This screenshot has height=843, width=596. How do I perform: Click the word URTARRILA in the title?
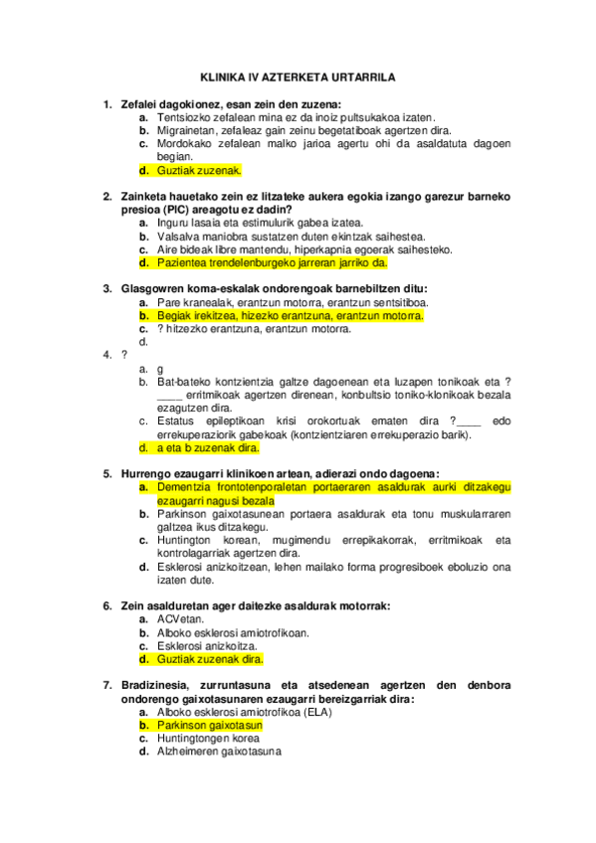[359, 75]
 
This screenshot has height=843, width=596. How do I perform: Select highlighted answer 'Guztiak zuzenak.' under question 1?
[199, 170]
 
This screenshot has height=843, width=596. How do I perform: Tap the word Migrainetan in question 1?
[188, 130]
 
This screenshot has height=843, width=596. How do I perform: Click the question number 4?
[107, 354]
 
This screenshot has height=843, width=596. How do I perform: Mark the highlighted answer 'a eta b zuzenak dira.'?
[209, 447]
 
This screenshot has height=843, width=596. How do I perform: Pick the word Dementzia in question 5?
[186, 487]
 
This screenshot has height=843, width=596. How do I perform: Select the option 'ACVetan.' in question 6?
[180, 618]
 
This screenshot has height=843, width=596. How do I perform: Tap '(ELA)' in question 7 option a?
[316, 712]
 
